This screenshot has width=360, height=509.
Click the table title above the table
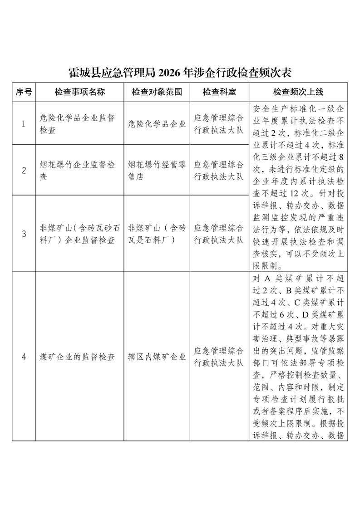(180, 73)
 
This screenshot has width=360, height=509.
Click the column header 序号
(24, 92)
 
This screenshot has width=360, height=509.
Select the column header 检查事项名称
(79, 92)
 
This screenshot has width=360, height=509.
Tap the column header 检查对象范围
(157, 92)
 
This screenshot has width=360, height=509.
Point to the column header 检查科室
(219, 92)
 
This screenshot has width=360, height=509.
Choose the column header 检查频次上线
(298, 92)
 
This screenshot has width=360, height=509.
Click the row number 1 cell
(24, 124)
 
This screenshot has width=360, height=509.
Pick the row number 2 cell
(24, 171)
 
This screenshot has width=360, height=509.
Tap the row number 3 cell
(24, 234)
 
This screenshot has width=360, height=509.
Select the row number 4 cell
(24, 357)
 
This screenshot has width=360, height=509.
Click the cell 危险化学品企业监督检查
(77, 124)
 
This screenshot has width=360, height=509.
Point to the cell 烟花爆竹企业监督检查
(77, 171)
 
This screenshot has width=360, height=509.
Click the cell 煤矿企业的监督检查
(77, 357)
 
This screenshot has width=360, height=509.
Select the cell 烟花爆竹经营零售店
(157, 171)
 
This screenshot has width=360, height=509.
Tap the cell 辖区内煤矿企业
(157, 357)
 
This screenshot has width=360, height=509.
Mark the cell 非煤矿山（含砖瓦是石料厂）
(157, 234)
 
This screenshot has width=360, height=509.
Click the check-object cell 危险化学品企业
(157, 124)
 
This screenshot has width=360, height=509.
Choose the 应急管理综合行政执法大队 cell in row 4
(219, 357)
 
